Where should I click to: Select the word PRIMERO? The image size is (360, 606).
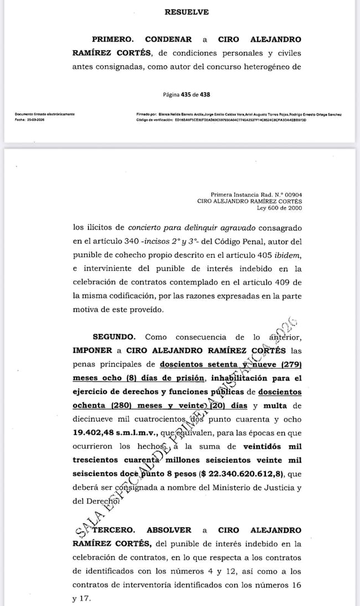point(112,40)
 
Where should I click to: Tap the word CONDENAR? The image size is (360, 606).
point(168,40)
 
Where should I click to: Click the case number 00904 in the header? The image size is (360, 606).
point(291,194)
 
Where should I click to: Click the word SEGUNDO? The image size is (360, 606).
point(114,337)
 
